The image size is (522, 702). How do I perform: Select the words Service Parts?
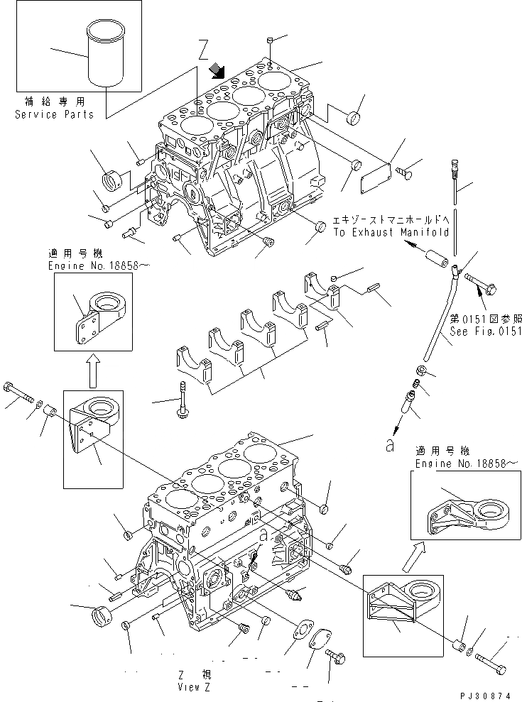[x=54, y=114]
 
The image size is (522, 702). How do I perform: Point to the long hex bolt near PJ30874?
[x=491, y=665]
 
